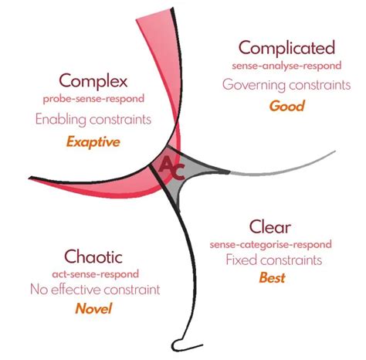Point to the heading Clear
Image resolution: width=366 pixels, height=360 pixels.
point(269,227)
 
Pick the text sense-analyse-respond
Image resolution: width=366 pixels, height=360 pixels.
point(286,66)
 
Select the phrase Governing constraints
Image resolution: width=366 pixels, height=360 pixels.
point(286,85)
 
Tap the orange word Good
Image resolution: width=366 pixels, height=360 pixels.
point(286,106)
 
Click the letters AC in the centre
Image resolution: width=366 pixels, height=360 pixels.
point(171,168)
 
